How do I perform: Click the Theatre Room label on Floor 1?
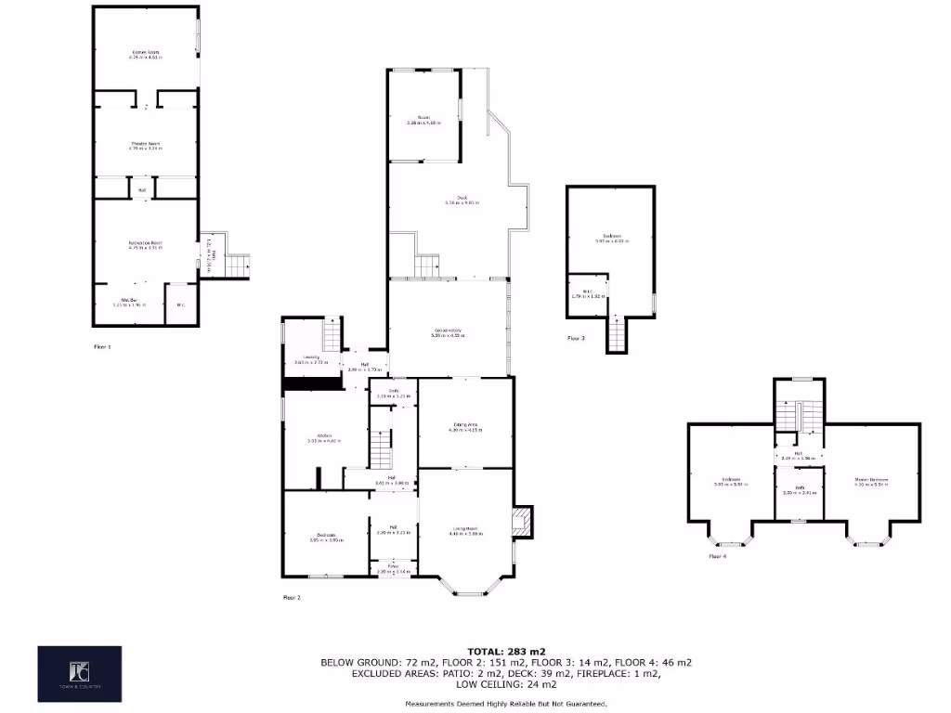tap(146, 145)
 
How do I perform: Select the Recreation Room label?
tap(146, 245)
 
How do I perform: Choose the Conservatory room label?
tap(448, 332)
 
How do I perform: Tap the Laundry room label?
tap(307, 358)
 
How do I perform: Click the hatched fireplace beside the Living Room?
tap(523, 521)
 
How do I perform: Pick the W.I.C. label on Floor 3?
tap(588, 294)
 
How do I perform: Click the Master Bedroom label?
tap(871, 481)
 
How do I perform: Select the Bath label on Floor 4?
tap(800, 489)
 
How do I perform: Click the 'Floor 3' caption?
tap(577, 339)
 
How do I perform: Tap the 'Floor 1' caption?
tap(102, 346)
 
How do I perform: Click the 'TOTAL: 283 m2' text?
tap(506, 650)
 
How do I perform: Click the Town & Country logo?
tap(79, 673)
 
